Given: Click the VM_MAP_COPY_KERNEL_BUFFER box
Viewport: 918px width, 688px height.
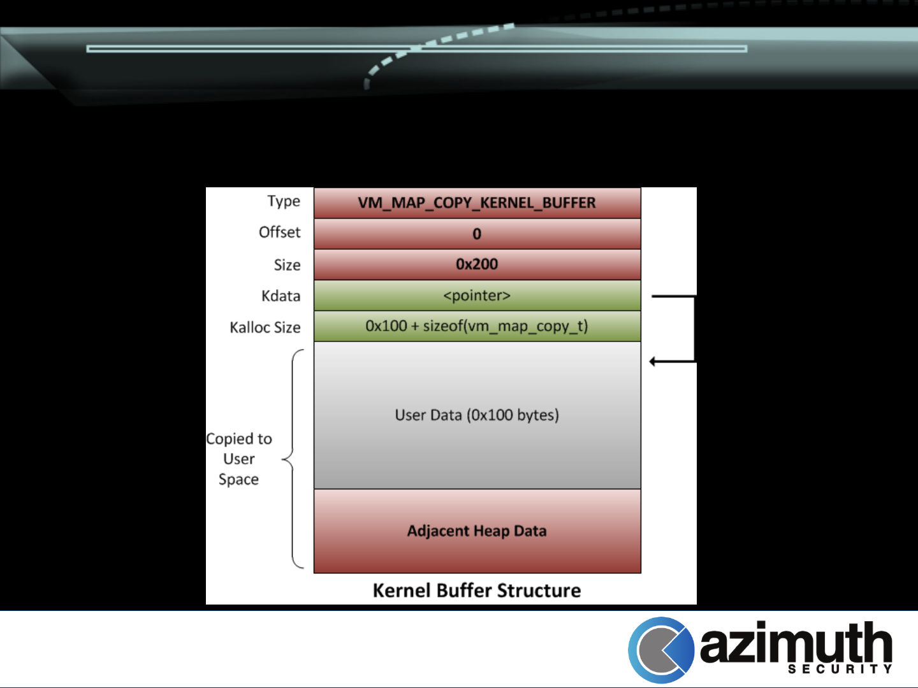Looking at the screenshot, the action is [477, 203].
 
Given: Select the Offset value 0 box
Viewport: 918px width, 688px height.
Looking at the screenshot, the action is [477, 234].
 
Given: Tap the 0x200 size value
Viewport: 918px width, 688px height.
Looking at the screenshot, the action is [477, 264].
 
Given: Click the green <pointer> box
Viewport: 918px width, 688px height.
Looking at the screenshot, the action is [477, 296].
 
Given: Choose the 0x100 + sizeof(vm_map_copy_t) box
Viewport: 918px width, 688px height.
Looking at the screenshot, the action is [477, 326].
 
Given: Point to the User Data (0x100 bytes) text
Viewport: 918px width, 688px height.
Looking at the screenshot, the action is [477, 415].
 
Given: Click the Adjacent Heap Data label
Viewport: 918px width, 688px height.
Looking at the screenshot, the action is [477, 531].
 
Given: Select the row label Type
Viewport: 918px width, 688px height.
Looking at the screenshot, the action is [284, 201].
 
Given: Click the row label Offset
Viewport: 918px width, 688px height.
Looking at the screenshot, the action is [279, 233].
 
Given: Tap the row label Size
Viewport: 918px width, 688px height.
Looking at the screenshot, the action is [287, 265].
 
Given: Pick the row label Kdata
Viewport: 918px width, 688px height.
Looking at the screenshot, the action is [280, 296].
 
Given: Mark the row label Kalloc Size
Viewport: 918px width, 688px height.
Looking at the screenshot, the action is [265, 327].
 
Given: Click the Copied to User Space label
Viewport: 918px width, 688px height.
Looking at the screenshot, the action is [239, 459].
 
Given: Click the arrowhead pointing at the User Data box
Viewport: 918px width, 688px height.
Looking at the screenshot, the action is [653, 362].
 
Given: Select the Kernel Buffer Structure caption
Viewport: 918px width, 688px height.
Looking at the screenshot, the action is [477, 591].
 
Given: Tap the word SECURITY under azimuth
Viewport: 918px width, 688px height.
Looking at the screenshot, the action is [840, 669].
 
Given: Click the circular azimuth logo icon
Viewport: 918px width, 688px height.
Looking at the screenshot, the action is [660, 650].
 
